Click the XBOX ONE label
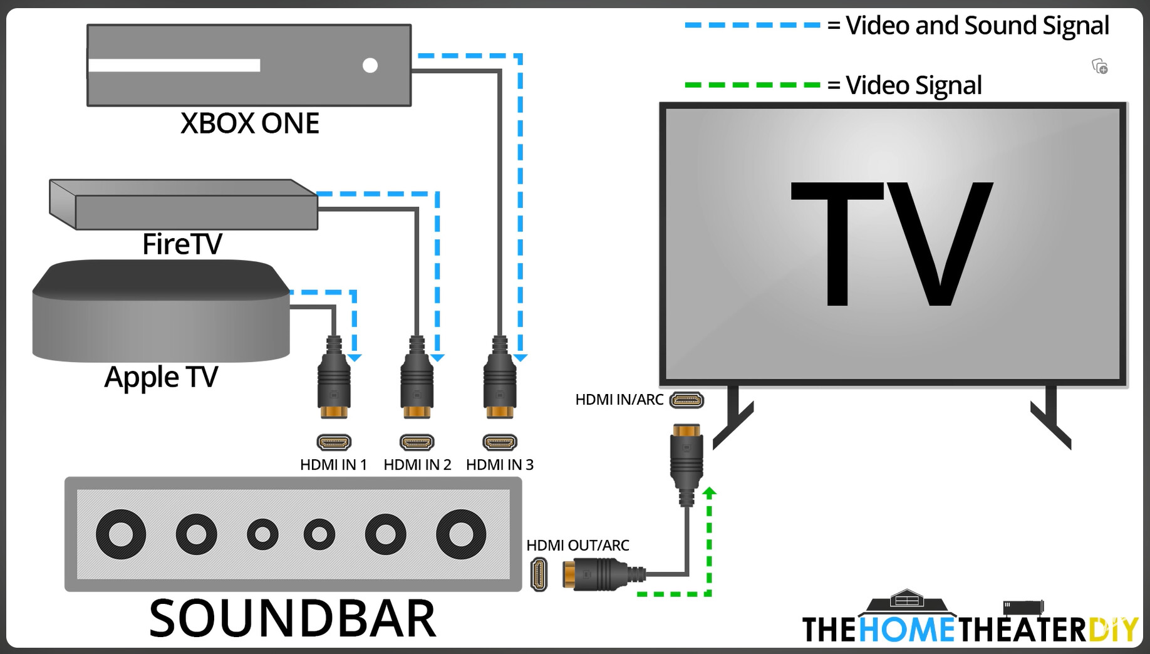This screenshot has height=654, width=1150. pos(249,123)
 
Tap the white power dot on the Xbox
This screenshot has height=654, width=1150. pos(370,65)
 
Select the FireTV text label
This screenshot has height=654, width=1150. pos(182,244)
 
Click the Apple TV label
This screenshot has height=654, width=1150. pos(161,377)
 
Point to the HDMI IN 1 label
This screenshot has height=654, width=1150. pos(333,465)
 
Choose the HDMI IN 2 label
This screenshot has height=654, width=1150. pos(417,465)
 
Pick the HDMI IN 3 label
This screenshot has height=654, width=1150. pos(500,465)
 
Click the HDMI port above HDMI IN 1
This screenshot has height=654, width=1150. pos(334,442)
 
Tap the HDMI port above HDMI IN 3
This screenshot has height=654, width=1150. pos(500,442)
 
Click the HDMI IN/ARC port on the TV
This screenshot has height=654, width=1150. pos(686,400)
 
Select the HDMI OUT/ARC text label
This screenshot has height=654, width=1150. pos(578,546)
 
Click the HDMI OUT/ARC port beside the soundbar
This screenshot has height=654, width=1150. pos(539,574)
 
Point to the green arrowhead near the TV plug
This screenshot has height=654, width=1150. pos(709,492)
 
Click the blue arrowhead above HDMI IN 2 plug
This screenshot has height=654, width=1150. pos(437,358)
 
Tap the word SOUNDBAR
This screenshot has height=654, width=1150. pos(292,619)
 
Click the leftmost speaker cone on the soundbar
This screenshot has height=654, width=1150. pos(121,534)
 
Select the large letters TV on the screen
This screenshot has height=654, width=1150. pos(892,244)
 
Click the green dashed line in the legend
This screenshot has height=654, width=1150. pos(752,85)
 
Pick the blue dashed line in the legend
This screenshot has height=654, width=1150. pos(752,25)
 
